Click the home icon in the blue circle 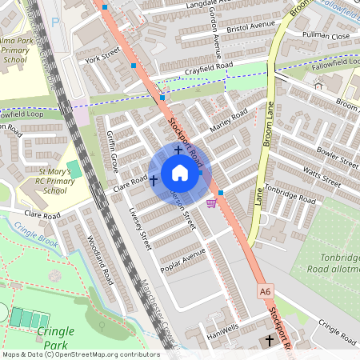(179, 173)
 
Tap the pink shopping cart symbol (211, 202)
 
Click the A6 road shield (266, 292)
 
